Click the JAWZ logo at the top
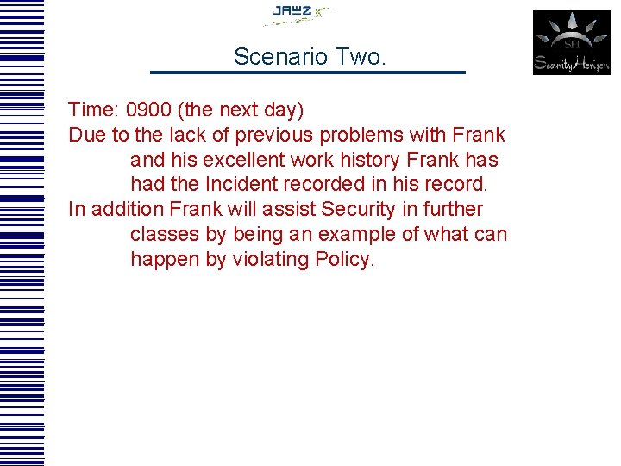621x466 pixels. [x=298, y=12]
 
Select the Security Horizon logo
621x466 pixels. [x=571, y=43]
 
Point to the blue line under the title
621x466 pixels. [x=308, y=72]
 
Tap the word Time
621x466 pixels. [x=92, y=110]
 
